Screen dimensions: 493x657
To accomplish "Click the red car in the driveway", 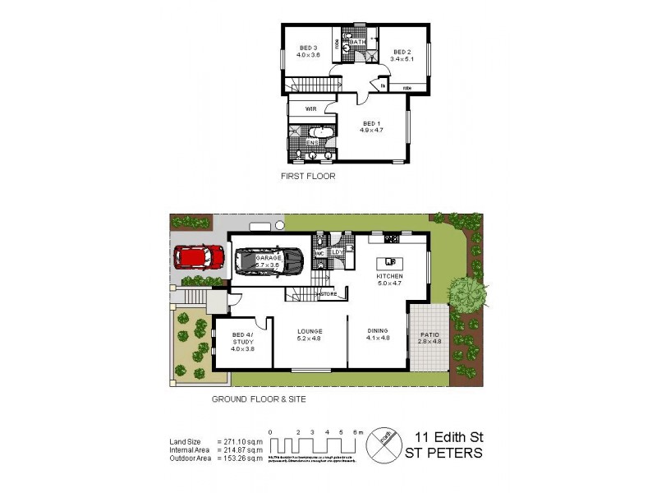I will [x=196, y=258].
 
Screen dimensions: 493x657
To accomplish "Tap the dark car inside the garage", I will [x=269, y=261].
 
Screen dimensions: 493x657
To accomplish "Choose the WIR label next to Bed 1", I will [x=311, y=108].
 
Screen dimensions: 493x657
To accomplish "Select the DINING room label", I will [x=377, y=331].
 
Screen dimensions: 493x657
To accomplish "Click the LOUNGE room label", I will [x=309, y=331].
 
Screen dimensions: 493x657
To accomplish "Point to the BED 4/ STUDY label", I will [x=242, y=340].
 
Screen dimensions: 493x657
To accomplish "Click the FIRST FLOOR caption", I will [x=308, y=176].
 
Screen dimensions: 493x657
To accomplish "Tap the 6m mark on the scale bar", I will [x=355, y=431].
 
